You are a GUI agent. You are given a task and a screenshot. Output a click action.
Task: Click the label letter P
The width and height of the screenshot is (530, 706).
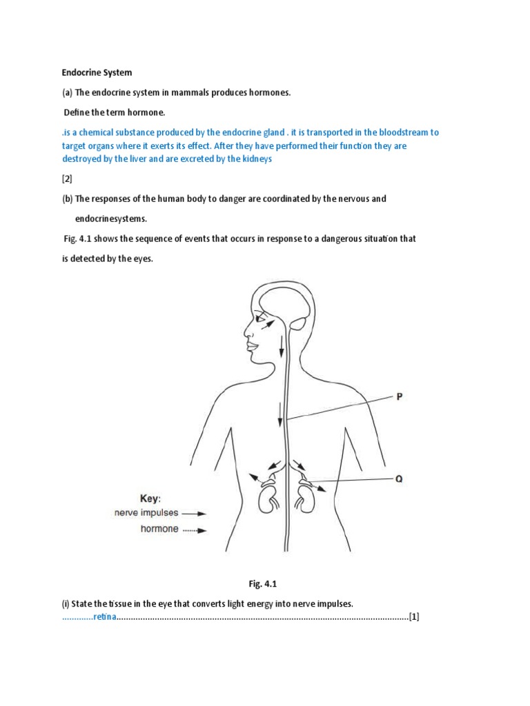[399, 396]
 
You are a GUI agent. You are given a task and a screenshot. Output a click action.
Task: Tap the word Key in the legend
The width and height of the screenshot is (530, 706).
[149, 498]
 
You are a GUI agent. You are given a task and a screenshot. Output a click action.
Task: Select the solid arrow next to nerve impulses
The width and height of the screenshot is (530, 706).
[195, 514]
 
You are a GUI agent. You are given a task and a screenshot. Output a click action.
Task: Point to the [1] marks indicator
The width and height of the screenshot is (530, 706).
[414, 616]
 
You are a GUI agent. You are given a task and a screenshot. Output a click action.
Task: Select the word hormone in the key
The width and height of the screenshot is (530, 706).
[159, 529]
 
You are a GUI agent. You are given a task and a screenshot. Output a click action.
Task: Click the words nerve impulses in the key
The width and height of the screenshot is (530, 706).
[146, 514]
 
